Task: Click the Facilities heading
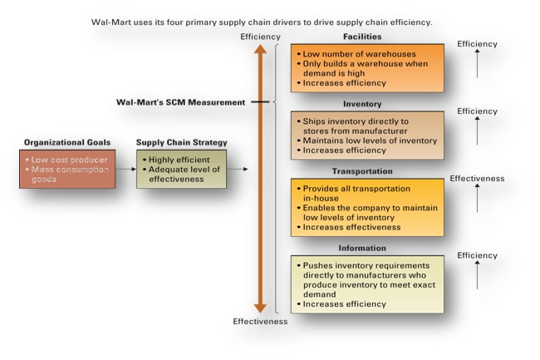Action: (362, 37)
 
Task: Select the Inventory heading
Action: (362, 105)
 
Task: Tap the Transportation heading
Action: (362, 171)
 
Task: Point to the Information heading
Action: (362, 247)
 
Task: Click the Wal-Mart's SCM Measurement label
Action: (180, 102)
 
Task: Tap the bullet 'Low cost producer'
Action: (66, 158)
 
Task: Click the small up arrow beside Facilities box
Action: (477, 65)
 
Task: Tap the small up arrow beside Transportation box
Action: (477, 200)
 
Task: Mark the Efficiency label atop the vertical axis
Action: (260, 37)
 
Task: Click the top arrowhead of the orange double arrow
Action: (261, 50)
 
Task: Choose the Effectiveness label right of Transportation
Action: (477, 178)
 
